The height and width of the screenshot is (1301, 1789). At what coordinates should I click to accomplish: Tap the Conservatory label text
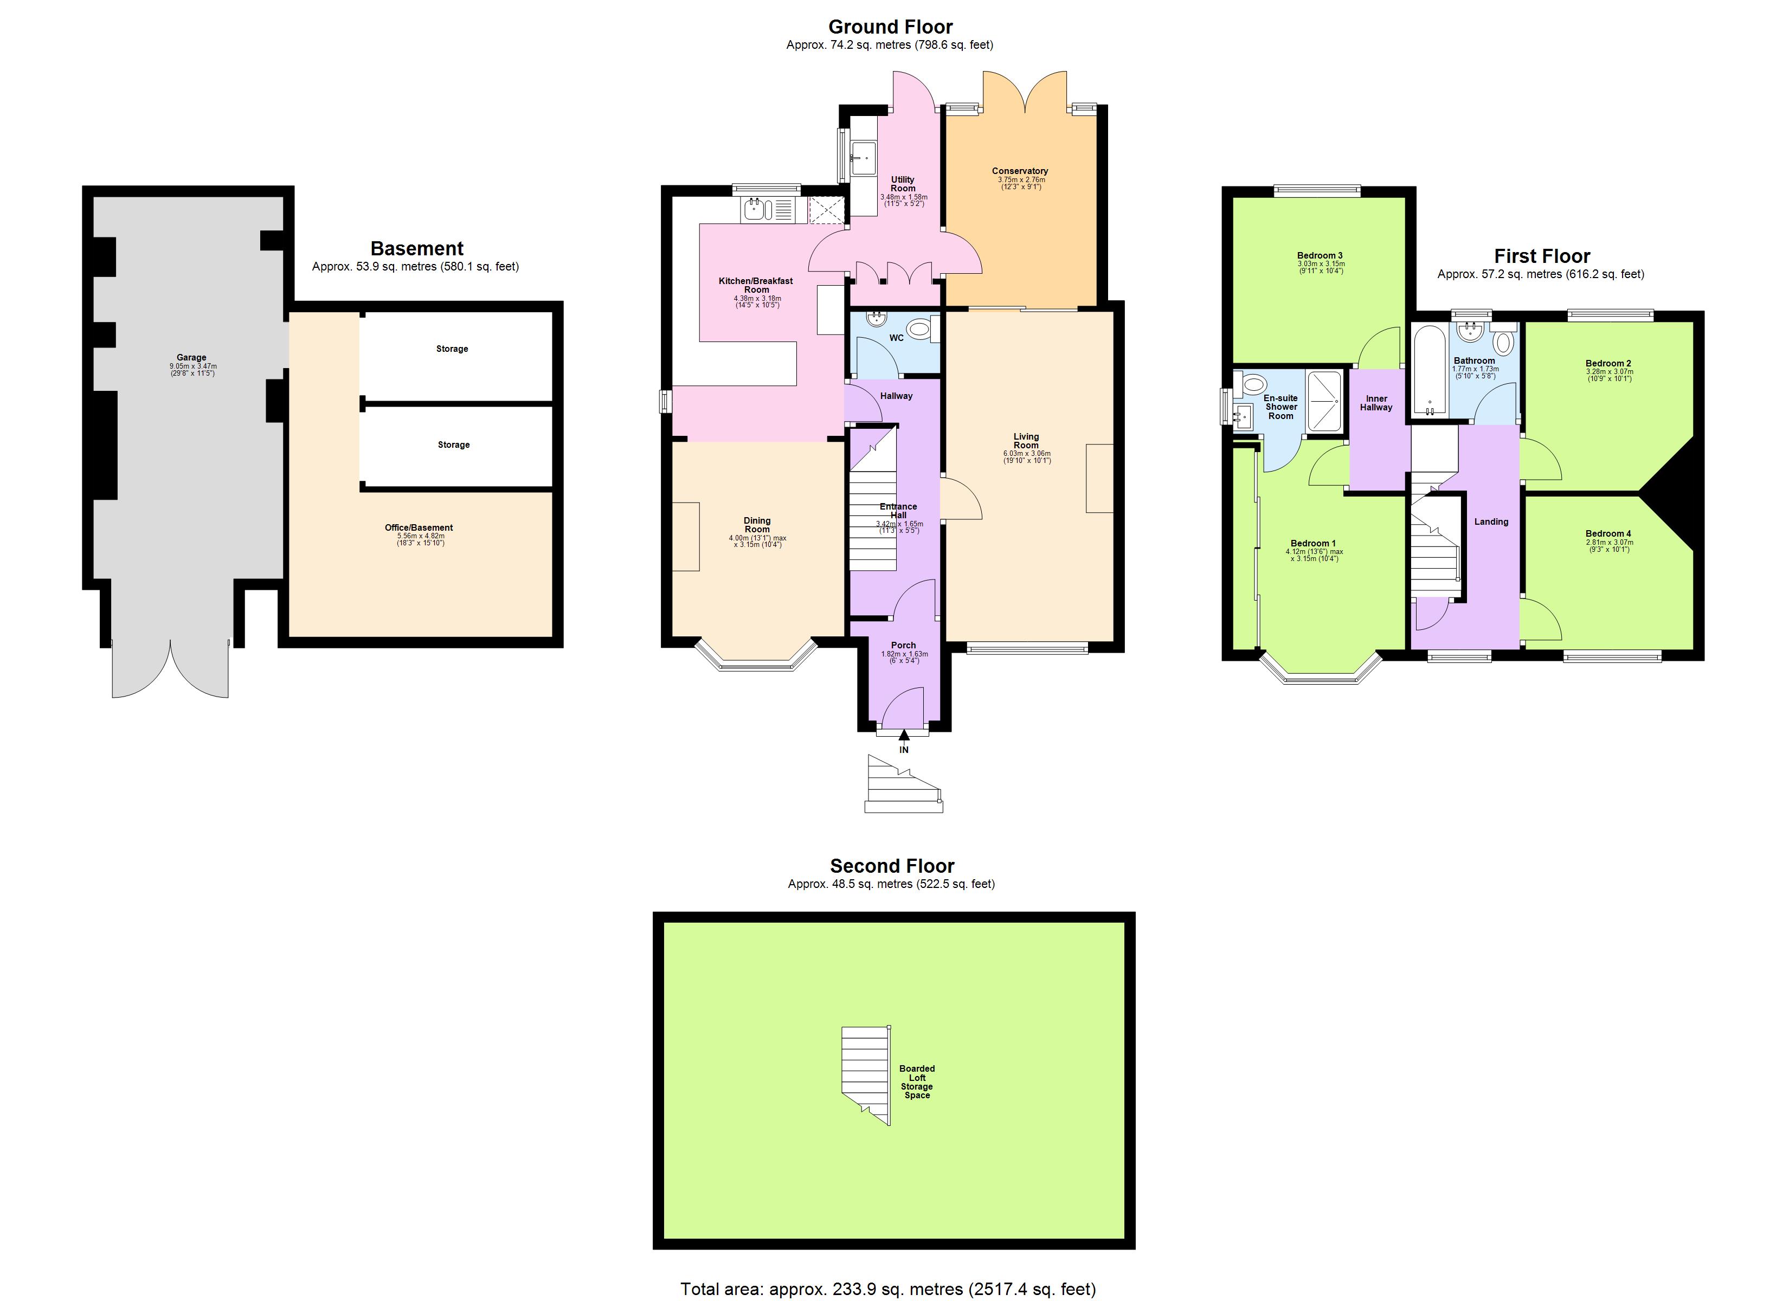(x=1020, y=170)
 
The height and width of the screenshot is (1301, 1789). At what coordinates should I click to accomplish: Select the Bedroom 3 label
(x=1320, y=255)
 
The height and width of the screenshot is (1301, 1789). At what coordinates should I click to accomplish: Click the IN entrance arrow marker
(x=904, y=736)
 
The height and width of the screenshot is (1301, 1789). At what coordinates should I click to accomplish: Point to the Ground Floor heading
(x=891, y=27)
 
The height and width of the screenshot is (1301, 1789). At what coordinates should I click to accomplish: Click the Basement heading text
(x=417, y=248)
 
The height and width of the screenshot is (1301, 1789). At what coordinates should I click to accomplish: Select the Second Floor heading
(x=892, y=866)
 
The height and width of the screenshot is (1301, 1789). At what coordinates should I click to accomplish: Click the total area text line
(x=887, y=1289)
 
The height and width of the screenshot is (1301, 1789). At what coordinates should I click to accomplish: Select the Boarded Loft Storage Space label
(x=917, y=1081)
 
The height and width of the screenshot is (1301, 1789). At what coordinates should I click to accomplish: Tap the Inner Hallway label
(x=1376, y=402)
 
